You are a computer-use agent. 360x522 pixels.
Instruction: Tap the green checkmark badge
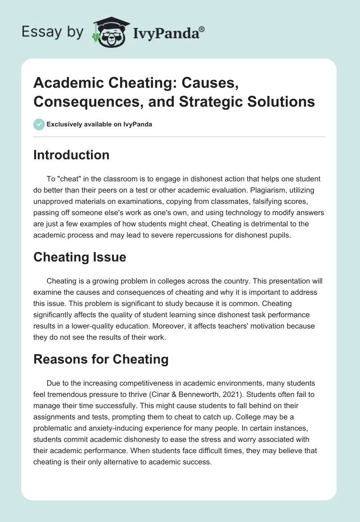coord(39,124)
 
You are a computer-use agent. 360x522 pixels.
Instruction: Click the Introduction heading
coord(72,155)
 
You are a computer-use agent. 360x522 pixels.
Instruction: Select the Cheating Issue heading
coord(80,257)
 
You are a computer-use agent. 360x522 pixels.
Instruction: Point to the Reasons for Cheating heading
coord(101,359)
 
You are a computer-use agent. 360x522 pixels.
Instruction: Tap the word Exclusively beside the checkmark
coord(67,124)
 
